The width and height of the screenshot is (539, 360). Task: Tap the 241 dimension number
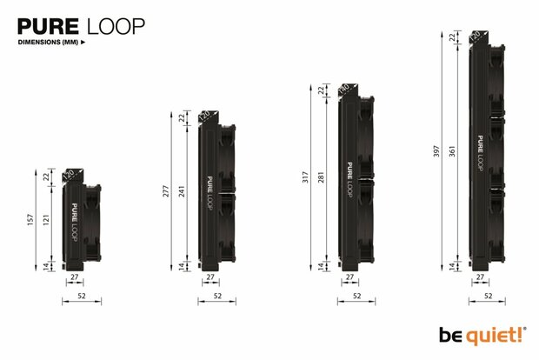coord(183,192)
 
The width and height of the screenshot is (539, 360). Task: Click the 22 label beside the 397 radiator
coord(453,37)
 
